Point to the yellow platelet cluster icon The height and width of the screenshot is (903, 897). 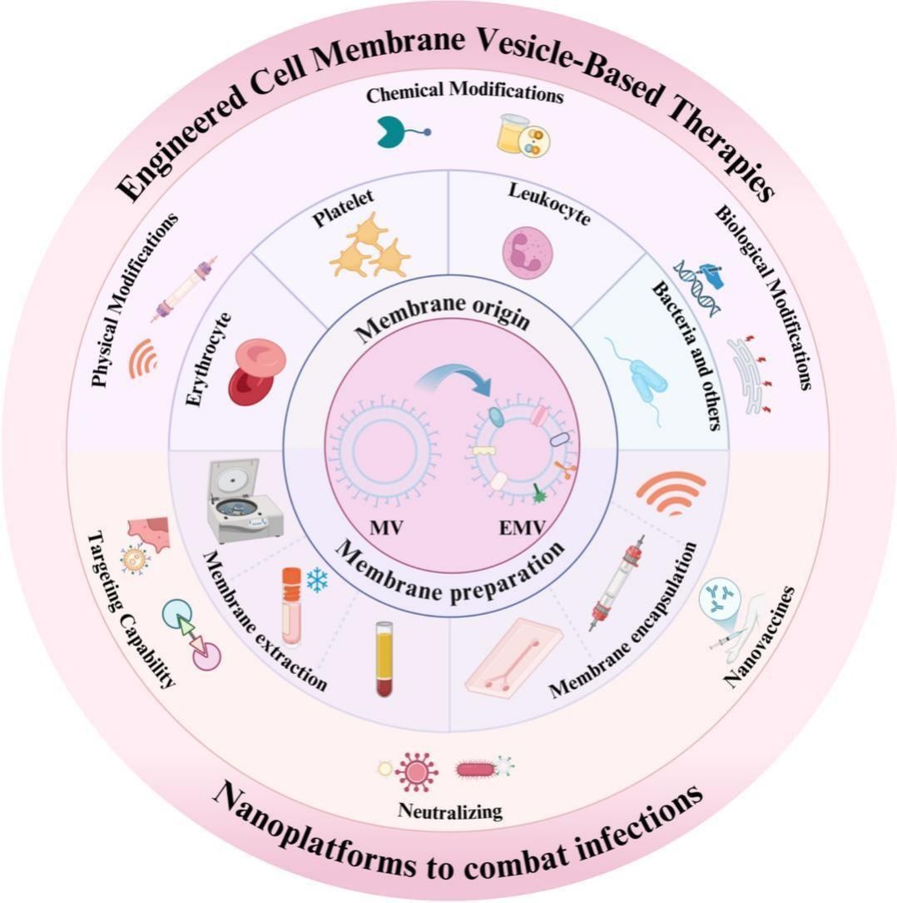[369, 247]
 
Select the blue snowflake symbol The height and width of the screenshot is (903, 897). [317, 582]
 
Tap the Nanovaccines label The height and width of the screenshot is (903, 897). [759, 637]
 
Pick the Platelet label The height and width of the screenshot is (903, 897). [343, 208]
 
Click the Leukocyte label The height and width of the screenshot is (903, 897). [549, 202]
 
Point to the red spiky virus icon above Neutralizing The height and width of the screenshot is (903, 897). [417, 771]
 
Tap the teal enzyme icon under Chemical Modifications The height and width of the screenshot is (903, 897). [393, 131]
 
